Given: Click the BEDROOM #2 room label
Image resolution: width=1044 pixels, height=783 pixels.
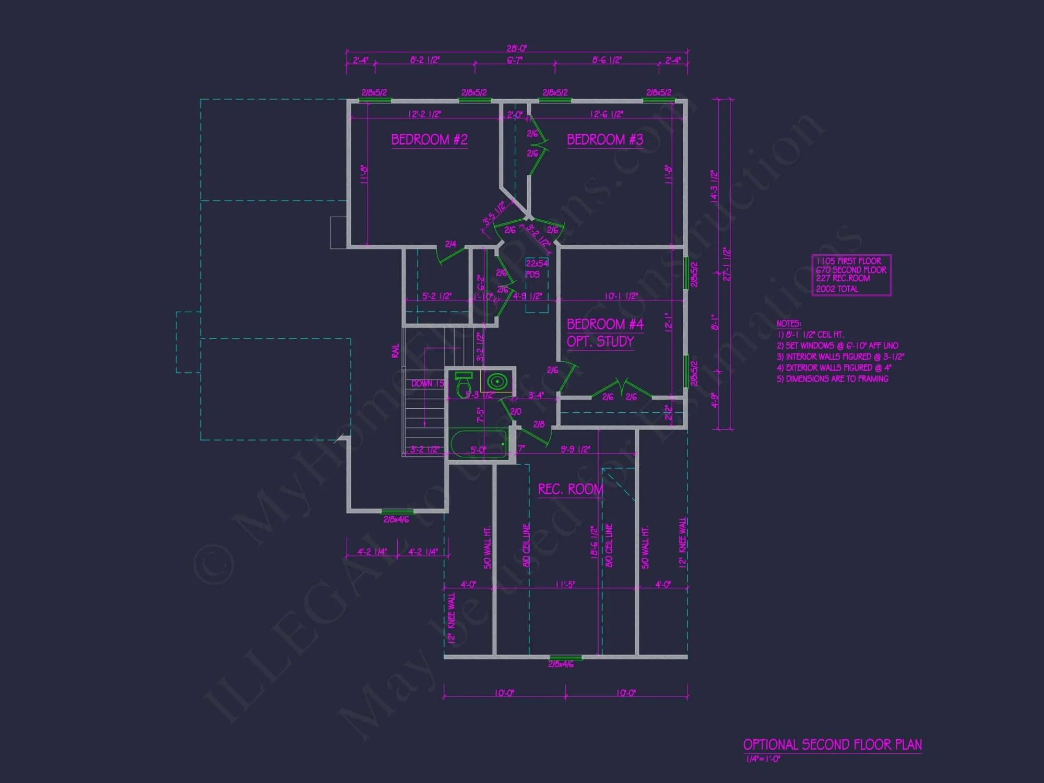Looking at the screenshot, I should [x=429, y=140].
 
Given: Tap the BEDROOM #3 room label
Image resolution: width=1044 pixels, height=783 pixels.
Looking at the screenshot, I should [x=604, y=140].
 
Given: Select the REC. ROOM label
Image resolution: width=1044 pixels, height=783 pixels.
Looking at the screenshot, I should [x=570, y=490].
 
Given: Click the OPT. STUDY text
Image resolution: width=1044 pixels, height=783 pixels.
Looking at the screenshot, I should [x=600, y=342].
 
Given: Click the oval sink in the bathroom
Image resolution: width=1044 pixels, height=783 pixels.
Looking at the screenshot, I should [x=497, y=382].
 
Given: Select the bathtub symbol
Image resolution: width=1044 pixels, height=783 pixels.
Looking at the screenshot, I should [x=478, y=444].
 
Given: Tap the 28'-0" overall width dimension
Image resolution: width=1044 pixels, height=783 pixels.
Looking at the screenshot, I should [x=517, y=49].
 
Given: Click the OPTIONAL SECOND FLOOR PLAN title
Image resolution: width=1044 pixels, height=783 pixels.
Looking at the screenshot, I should [x=832, y=745].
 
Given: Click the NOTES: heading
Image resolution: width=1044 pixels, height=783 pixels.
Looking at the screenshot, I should [x=788, y=324].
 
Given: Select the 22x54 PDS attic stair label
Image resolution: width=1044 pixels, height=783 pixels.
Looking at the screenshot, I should [x=536, y=268].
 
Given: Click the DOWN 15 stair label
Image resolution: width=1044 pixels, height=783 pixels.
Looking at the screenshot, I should [x=427, y=384].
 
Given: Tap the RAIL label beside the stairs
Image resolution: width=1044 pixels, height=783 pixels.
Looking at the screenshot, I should [x=395, y=351].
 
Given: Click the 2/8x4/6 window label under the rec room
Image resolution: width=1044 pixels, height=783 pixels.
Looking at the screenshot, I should [x=561, y=665].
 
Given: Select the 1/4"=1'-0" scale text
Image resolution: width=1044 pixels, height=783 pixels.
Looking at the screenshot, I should [x=763, y=759].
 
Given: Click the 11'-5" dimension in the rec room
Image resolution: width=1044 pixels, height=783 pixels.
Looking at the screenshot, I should [x=565, y=585].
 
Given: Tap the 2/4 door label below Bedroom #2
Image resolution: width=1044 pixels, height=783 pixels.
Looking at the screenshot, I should [x=450, y=244].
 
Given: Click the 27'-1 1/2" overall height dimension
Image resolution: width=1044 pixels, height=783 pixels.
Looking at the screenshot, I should [x=727, y=264].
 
